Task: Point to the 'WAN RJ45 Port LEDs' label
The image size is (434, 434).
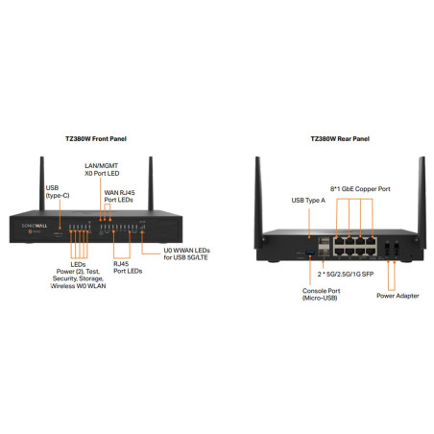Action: point(119,197)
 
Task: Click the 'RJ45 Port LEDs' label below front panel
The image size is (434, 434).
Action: point(128,267)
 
